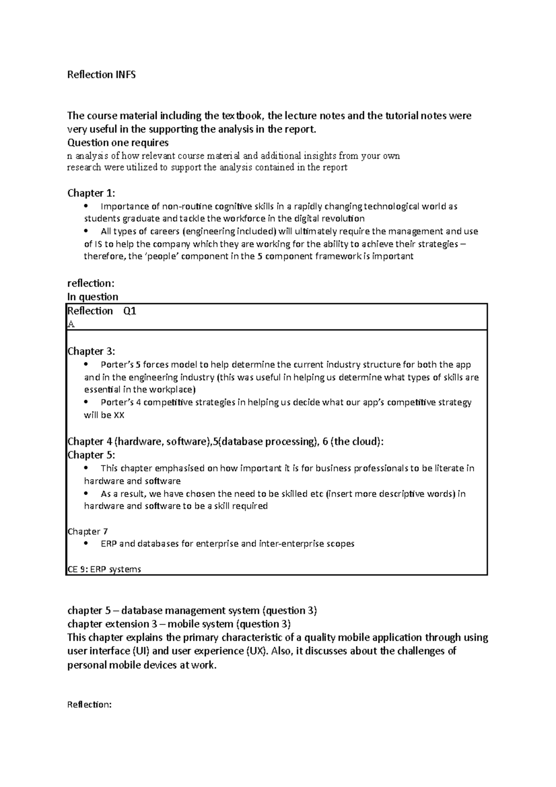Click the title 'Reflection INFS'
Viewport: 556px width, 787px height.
(x=101, y=75)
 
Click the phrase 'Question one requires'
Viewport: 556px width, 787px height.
(x=118, y=142)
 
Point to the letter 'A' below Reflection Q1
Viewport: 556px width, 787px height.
(x=70, y=324)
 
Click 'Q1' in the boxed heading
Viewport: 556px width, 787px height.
(x=130, y=311)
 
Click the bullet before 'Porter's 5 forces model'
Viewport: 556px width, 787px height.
(x=86, y=364)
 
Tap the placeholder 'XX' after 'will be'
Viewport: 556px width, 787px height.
(x=119, y=415)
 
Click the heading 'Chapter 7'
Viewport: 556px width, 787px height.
(x=88, y=531)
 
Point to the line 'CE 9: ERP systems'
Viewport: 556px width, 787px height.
(x=104, y=569)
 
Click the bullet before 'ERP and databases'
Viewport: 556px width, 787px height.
(x=86, y=544)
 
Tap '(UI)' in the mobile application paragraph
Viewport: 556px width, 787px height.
(x=141, y=651)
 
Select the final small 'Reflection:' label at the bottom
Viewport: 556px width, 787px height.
(x=89, y=704)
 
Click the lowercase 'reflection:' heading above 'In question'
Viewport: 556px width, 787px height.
(x=90, y=283)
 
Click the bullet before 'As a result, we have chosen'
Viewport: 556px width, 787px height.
(x=86, y=494)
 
